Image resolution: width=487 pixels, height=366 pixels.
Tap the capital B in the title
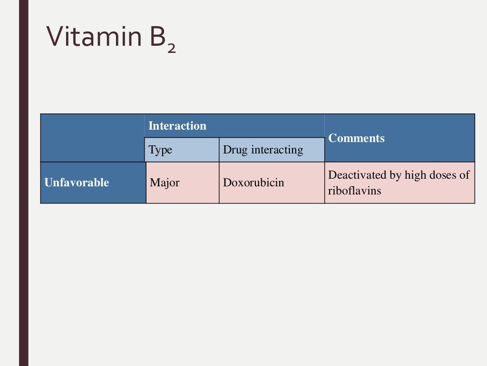154,37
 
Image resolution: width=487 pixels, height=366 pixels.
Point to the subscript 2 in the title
171,48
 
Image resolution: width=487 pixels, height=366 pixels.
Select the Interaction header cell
177,126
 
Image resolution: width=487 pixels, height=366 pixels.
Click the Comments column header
356,138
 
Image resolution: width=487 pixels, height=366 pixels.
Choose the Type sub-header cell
160,150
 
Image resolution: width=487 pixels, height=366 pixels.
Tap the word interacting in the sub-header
277,150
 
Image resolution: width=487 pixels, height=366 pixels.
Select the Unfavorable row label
77,183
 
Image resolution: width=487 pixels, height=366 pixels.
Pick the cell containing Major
165,183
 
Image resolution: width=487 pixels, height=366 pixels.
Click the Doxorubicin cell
253,183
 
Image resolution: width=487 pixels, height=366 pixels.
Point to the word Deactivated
358,175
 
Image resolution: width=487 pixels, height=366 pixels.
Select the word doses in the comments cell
443,175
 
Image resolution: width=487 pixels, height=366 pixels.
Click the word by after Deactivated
396,175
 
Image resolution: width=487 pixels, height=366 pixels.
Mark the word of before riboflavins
465,175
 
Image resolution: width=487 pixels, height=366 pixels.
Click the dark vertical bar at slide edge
23,183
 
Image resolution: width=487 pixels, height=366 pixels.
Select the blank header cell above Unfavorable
92,138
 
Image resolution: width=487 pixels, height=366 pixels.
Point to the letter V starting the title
55,37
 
